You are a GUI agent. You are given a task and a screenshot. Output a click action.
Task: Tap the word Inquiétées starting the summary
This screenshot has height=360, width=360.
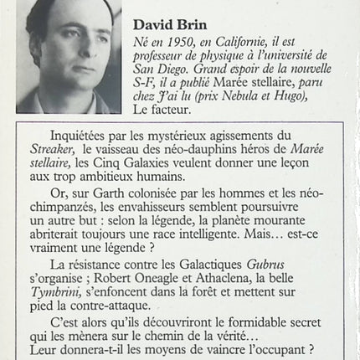coord(81,135)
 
